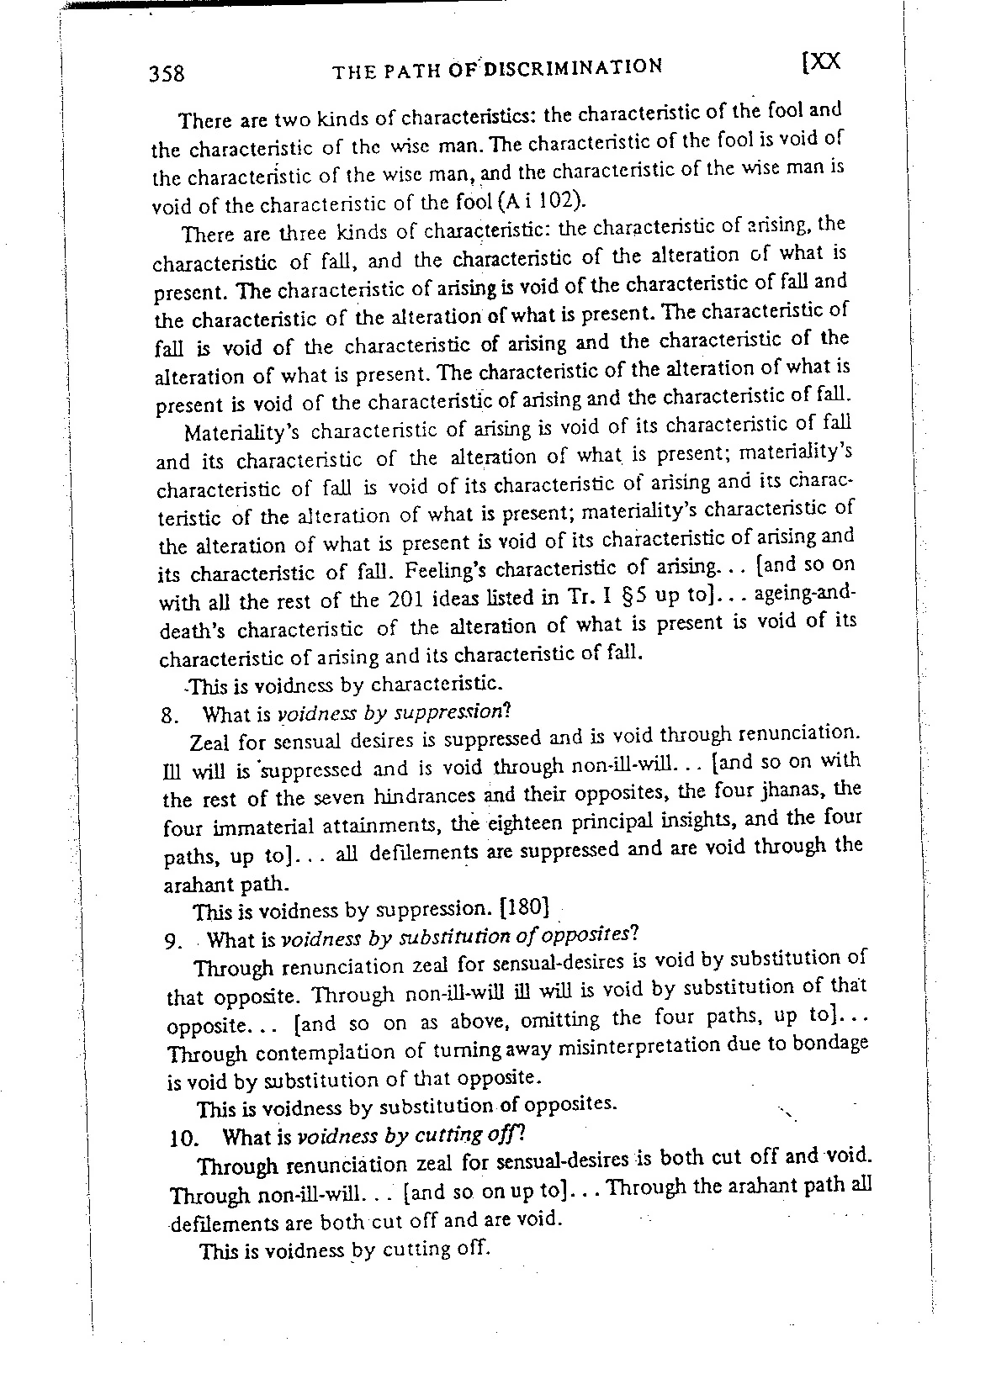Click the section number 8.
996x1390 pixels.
point(166,716)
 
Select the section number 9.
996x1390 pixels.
point(173,941)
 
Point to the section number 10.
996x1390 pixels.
point(183,1140)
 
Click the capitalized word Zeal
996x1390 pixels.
point(211,743)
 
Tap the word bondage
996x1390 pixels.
point(827,1044)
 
